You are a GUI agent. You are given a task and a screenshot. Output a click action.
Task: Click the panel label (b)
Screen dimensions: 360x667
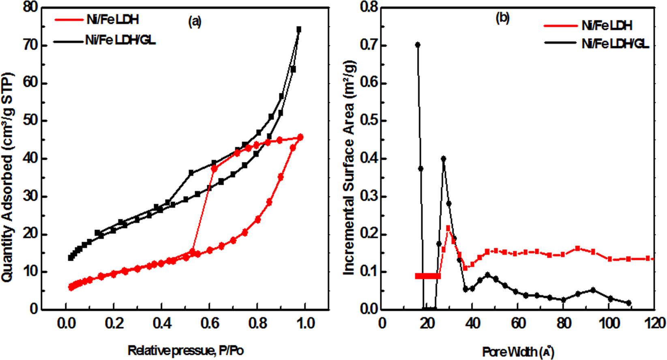[503, 18]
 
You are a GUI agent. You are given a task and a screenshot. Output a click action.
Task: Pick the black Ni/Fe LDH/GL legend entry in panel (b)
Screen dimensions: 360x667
[615, 43]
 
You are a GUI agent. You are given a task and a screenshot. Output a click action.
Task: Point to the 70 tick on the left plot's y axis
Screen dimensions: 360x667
[30, 45]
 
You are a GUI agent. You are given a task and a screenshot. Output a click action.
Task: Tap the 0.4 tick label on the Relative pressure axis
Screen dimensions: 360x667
[161, 323]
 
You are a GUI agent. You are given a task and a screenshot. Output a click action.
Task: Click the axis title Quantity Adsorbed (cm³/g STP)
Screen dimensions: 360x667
[8, 178]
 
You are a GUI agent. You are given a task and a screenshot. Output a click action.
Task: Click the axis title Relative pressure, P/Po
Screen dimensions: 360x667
[186, 351]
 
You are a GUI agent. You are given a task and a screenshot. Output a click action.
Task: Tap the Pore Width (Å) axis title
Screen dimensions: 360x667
[518, 351]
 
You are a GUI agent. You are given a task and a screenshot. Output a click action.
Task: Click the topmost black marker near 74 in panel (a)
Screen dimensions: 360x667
[299, 29]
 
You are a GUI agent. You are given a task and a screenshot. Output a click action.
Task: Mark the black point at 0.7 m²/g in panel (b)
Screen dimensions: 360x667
[418, 45]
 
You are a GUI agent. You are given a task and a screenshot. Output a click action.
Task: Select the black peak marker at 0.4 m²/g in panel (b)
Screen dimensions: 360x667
[443, 159]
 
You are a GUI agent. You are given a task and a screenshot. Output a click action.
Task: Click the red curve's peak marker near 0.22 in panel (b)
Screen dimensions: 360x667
[448, 228]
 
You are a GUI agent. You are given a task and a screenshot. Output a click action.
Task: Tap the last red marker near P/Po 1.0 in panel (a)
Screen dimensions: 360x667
[300, 137]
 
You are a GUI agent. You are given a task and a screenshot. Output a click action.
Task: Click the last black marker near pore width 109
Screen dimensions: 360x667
[628, 303]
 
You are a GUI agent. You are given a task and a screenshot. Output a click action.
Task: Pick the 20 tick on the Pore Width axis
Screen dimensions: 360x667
[427, 323]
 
